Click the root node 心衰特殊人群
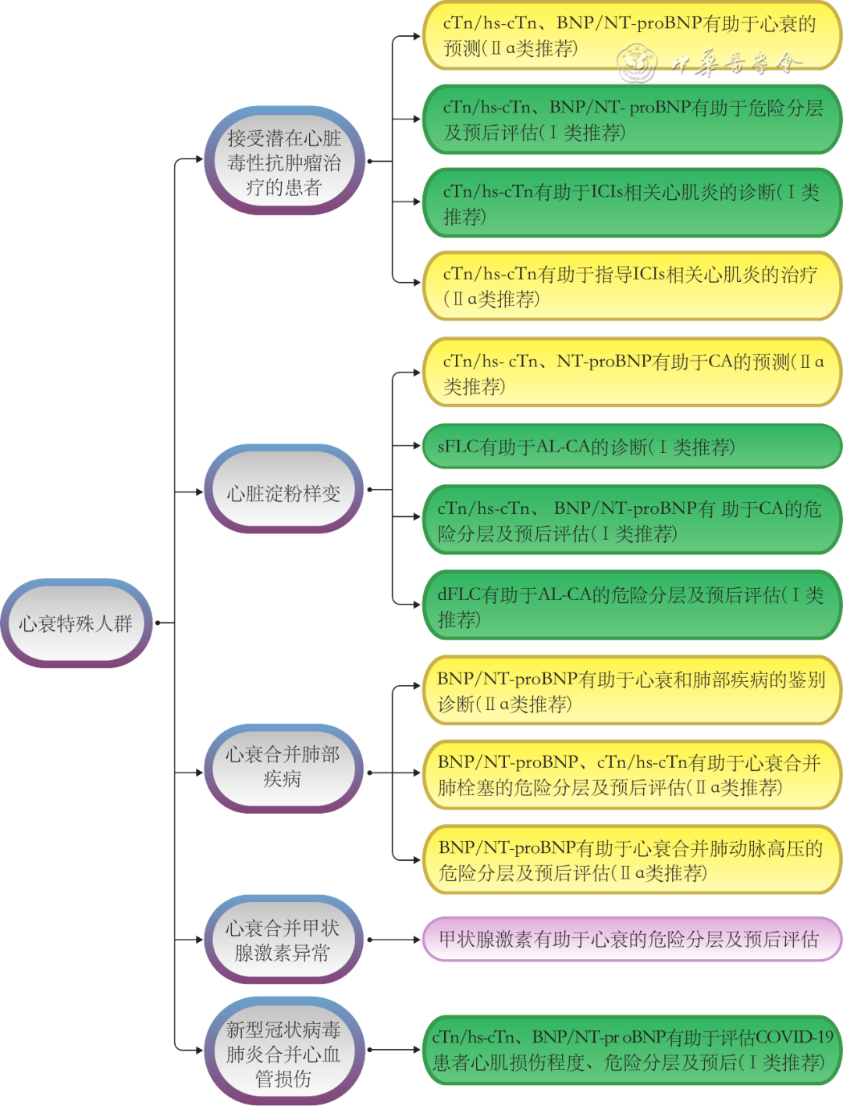tap(76, 623)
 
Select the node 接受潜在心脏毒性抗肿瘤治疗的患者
tap(283, 162)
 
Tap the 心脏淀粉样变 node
tap(283, 493)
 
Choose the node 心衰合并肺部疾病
tap(283, 767)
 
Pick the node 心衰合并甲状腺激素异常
tap(283, 940)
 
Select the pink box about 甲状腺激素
tap(631, 940)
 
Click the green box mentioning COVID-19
tap(631, 1050)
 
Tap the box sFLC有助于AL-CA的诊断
tap(631, 447)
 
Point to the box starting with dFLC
tap(631, 607)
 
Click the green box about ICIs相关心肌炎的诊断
tap(631, 203)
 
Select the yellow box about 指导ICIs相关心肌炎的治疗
tap(631, 286)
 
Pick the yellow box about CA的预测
tap(631, 373)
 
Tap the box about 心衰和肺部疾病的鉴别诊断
tap(631, 691)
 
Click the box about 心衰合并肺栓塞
tap(631, 775)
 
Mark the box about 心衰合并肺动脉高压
tap(631, 860)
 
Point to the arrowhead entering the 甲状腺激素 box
tap(417, 940)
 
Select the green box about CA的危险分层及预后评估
tap(631, 521)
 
